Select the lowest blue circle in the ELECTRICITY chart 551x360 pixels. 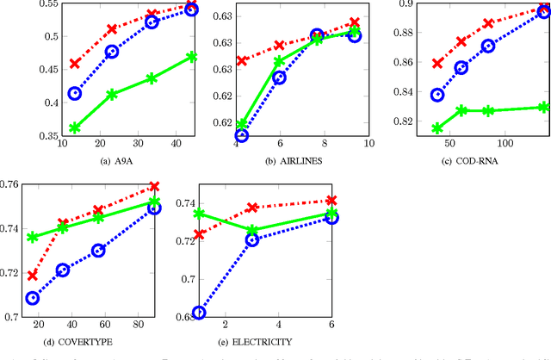pyautogui.click(x=199, y=313)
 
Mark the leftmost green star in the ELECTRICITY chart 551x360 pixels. pyautogui.click(x=199, y=214)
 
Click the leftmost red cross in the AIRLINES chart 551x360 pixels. pyautogui.click(x=242, y=61)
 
